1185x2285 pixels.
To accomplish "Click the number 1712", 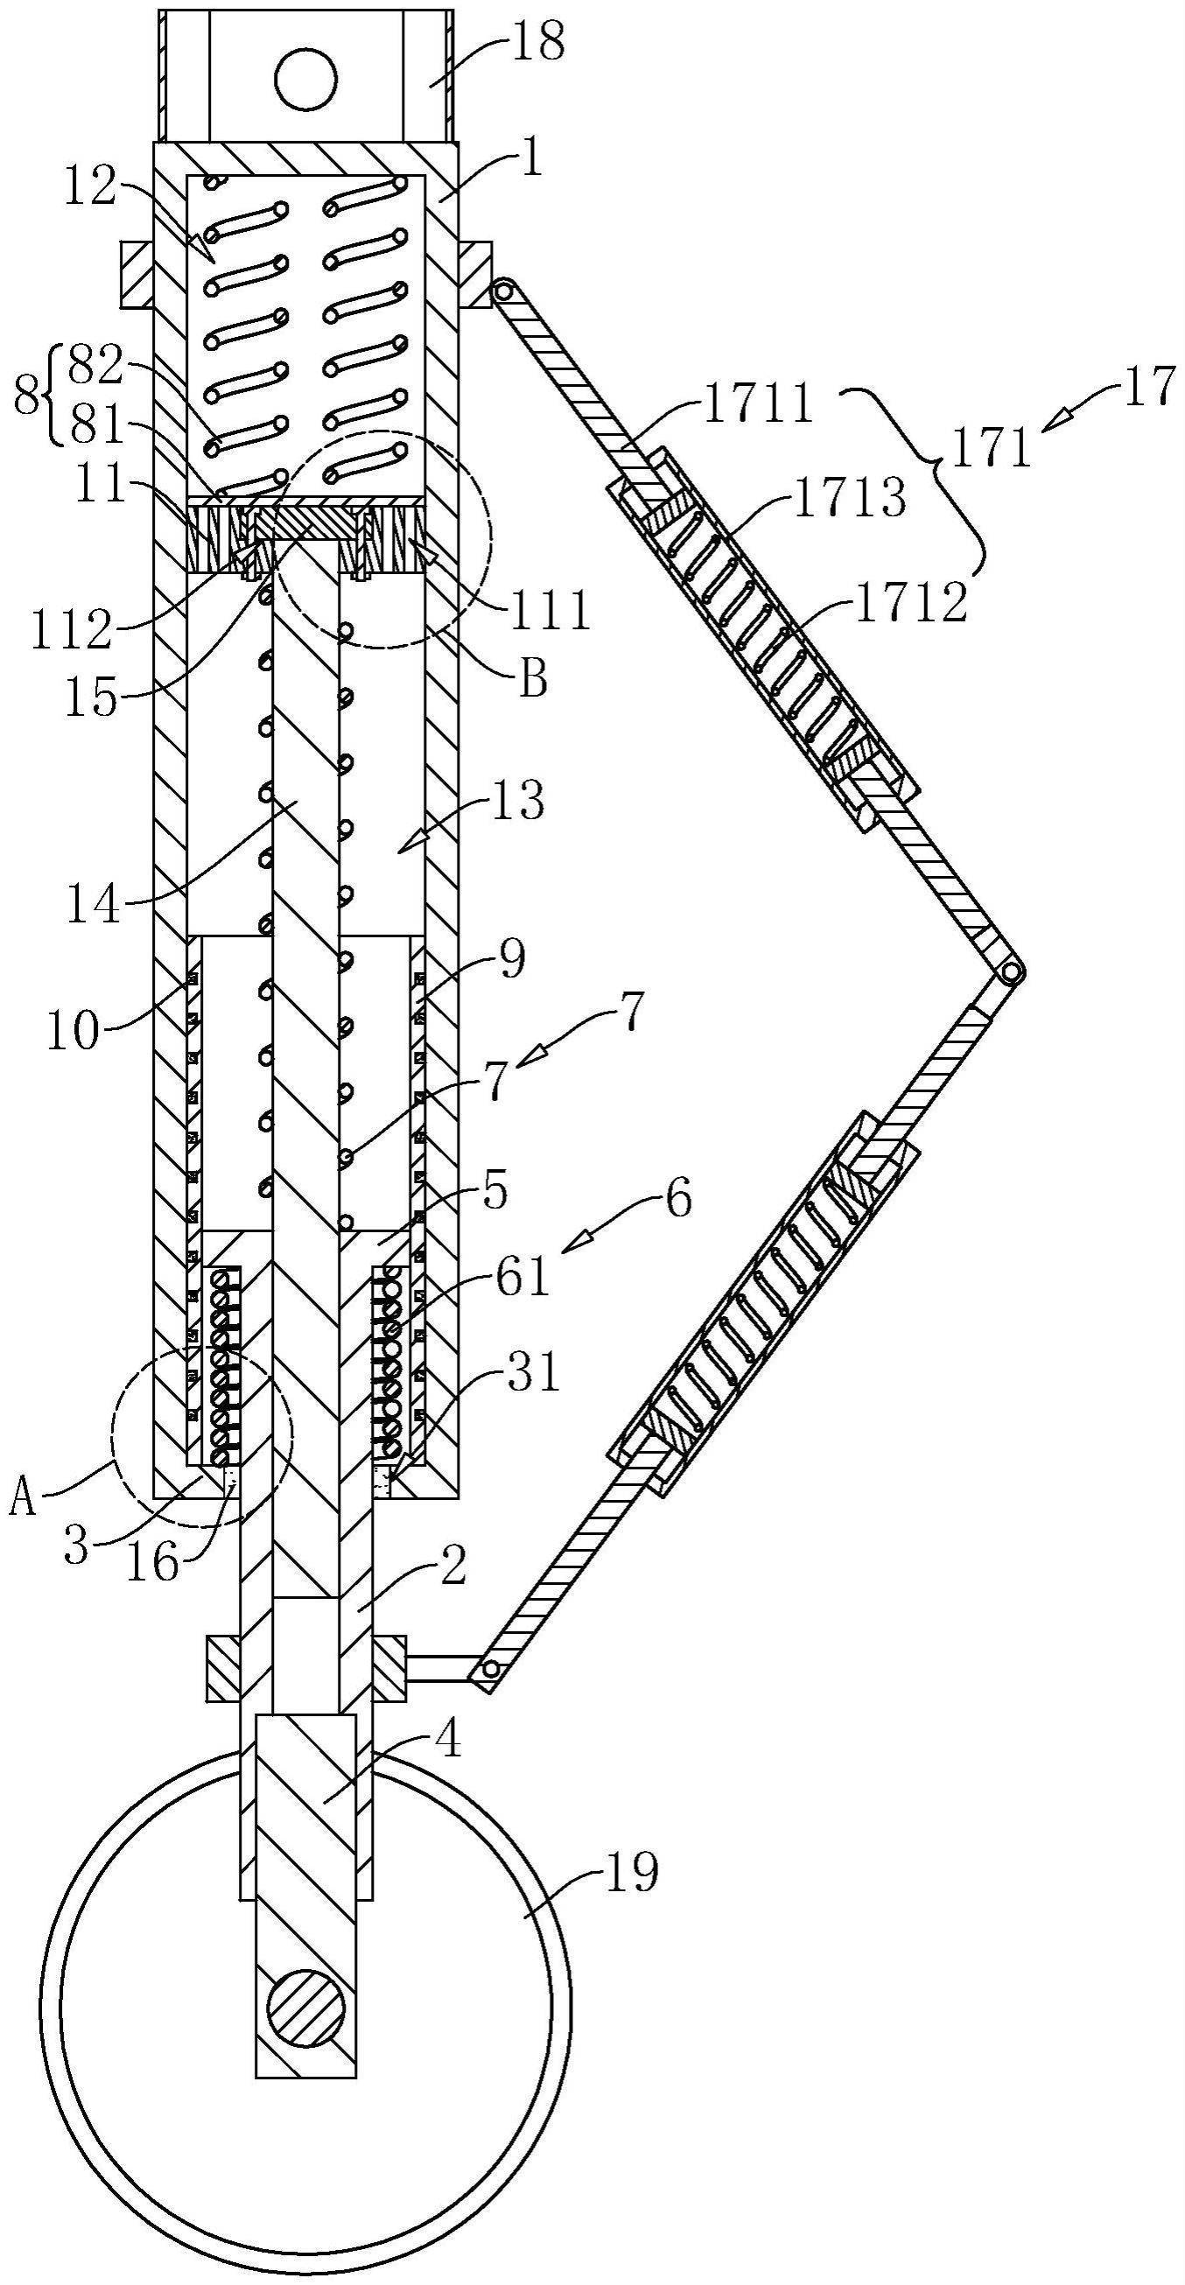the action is click(x=910, y=605).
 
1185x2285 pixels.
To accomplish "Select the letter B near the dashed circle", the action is click(x=531, y=680).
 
